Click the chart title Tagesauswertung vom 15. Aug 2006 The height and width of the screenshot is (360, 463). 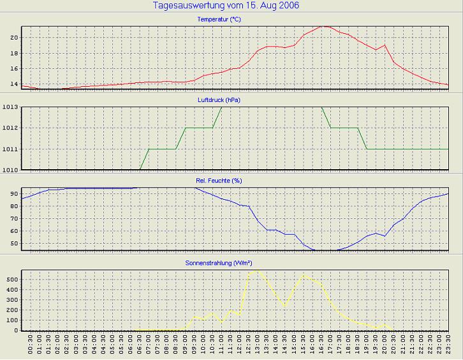pyautogui.click(x=226, y=6)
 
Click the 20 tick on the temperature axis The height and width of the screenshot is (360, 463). pyautogui.click(x=13, y=37)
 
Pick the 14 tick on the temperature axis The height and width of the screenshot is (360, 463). pyautogui.click(x=13, y=84)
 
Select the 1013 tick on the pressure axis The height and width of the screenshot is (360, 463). pyautogui.click(x=10, y=107)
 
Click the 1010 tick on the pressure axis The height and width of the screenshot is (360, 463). pyautogui.click(x=10, y=170)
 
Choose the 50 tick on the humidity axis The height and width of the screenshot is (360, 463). pyautogui.click(x=13, y=243)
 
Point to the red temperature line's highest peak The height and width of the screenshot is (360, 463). pyautogui.click(x=325, y=26)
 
